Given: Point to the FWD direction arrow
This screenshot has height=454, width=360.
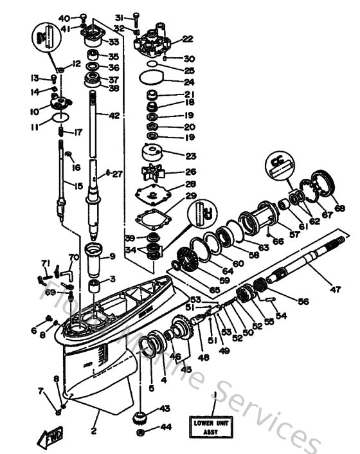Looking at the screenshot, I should tap(50, 439).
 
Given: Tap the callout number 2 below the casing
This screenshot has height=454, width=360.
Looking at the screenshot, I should tap(94, 431).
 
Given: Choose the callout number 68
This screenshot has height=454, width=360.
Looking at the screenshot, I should tap(339, 208).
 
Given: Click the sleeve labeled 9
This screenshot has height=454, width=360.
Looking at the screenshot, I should tap(94, 257).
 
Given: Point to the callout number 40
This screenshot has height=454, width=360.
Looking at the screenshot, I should tap(64, 17).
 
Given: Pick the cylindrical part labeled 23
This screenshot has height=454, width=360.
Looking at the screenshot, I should tap(154, 156).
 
